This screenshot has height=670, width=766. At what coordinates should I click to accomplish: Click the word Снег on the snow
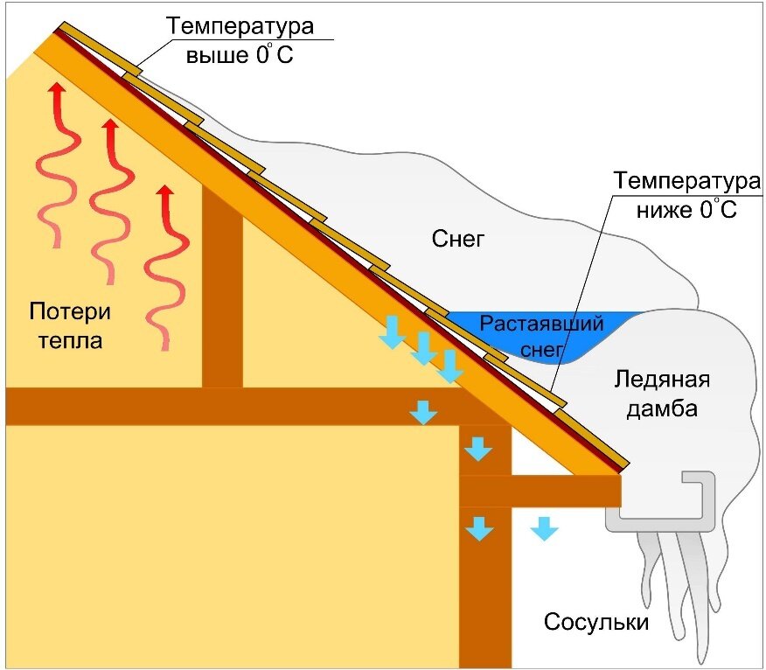[457, 238]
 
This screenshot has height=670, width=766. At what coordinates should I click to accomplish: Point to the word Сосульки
[596, 623]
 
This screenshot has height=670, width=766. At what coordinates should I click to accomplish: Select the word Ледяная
[662, 380]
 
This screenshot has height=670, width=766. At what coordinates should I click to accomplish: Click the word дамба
[662, 408]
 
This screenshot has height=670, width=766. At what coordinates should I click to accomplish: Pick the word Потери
[70, 312]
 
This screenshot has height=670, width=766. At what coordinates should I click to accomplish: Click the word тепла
[70, 340]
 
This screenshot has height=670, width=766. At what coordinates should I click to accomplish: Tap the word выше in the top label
[208, 55]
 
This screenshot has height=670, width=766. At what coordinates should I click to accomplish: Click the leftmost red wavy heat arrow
[53, 166]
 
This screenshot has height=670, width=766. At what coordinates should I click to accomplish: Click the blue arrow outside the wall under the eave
[545, 527]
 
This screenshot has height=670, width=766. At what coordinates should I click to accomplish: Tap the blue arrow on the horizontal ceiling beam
[424, 411]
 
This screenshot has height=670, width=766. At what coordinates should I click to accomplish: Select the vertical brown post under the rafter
[222, 289]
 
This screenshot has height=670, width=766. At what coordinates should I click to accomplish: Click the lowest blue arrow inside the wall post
[477, 527]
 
